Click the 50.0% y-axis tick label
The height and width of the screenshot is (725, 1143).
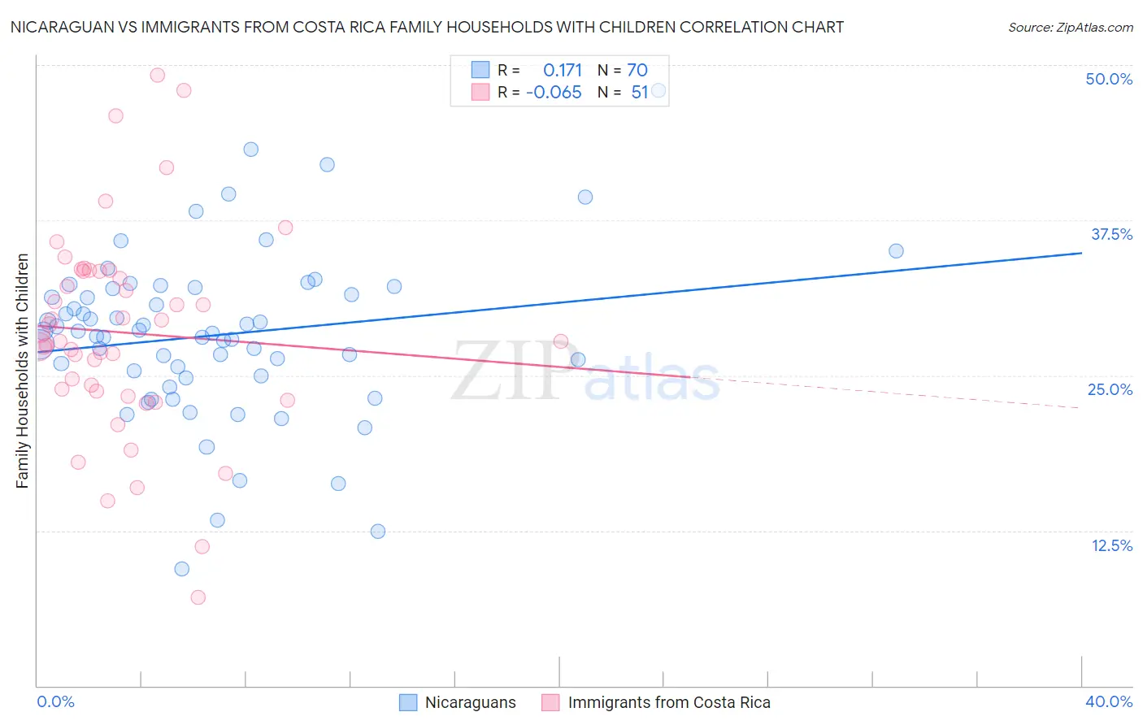(x=1109, y=79)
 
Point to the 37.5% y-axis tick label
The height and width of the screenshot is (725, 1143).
(x=1111, y=234)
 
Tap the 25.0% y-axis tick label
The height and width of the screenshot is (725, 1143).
(x=1110, y=389)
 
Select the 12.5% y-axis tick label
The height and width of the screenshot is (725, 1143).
(x=1111, y=545)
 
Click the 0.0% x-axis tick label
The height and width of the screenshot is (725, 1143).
(x=55, y=701)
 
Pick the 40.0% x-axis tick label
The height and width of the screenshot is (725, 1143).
(x=1108, y=701)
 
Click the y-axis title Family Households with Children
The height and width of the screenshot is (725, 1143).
(x=22, y=371)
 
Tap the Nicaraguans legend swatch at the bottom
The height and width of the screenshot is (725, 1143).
(x=408, y=702)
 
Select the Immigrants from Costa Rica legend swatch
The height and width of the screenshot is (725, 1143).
(x=550, y=702)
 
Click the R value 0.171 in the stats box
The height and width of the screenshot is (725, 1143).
(x=563, y=70)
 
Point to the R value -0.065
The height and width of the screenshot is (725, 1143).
(x=554, y=93)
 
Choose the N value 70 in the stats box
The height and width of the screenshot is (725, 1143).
(x=637, y=70)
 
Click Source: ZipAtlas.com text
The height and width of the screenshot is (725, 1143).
(x=1070, y=28)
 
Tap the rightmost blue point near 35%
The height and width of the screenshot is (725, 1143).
(x=896, y=251)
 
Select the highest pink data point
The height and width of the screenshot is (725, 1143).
(x=158, y=75)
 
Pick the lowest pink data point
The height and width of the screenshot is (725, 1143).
(x=198, y=597)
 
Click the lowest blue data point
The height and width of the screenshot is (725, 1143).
(x=182, y=569)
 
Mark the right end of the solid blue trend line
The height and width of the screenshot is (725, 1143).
(x=1081, y=253)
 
